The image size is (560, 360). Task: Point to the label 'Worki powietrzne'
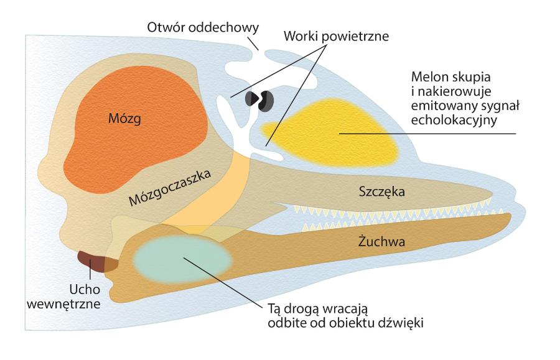pos(337,35)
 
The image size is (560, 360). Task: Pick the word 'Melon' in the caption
pos(430,79)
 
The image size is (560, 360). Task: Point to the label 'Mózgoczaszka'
pos(170,187)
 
